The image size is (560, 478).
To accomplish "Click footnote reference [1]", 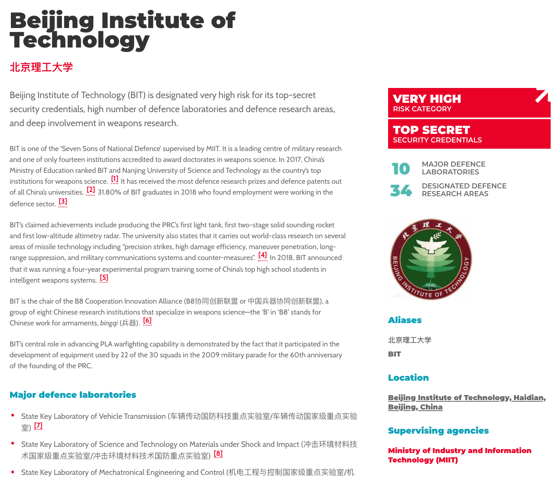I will point(115,179).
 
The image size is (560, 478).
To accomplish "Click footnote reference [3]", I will point(63,202).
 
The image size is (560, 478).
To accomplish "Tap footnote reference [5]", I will point(104,278).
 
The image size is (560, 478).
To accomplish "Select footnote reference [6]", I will point(147,321).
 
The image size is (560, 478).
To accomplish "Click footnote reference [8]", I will point(218,454).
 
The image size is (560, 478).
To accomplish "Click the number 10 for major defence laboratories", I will point(401,169).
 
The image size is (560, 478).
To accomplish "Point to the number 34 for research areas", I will point(401,190).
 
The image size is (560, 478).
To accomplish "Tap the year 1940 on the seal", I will point(430,285).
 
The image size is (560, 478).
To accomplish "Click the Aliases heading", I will point(405,320).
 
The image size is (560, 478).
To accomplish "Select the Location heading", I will point(408,378).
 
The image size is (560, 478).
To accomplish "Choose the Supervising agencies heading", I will point(438,431).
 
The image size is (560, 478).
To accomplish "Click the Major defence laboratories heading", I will point(73,395).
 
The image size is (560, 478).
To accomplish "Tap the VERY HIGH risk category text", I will point(427,99).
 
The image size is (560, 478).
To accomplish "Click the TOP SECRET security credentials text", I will point(431,130).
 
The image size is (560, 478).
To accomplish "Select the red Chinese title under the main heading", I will point(41,67).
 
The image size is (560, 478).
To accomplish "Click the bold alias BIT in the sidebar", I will point(394,354).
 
